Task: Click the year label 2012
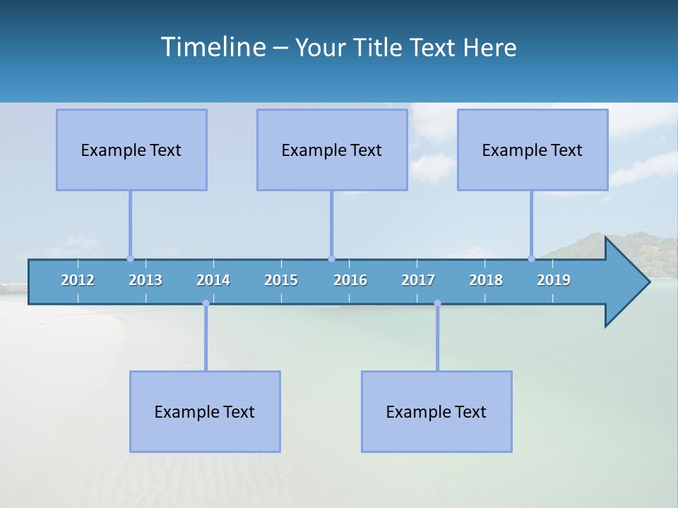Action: pos(78,280)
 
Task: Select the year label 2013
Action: pos(145,280)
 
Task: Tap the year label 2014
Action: pos(213,280)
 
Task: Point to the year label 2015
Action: pos(281,280)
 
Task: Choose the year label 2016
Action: pos(350,280)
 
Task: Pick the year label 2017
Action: pos(418,280)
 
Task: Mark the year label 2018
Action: pos(486,280)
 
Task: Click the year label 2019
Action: pos(554,280)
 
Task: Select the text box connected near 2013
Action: pos(131,150)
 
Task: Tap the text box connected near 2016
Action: pos(332,150)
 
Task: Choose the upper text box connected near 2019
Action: pos(533,150)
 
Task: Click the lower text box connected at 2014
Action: pos(205,411)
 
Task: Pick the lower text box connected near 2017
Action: pos(436,411)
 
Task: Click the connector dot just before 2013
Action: pos(130,258)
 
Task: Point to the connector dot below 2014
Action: pos(206,303)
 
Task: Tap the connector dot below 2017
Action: pos(437,303)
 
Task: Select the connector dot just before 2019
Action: pos(531,258)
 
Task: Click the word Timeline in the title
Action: pos(213,47)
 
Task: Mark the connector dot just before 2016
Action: pos(331,258)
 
